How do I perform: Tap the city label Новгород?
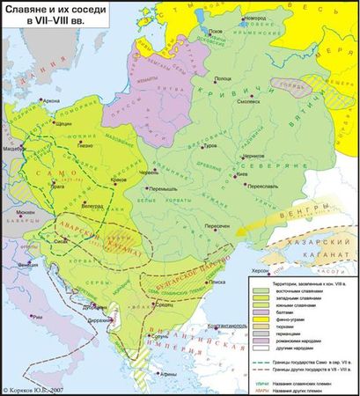[x=230, y=18]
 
